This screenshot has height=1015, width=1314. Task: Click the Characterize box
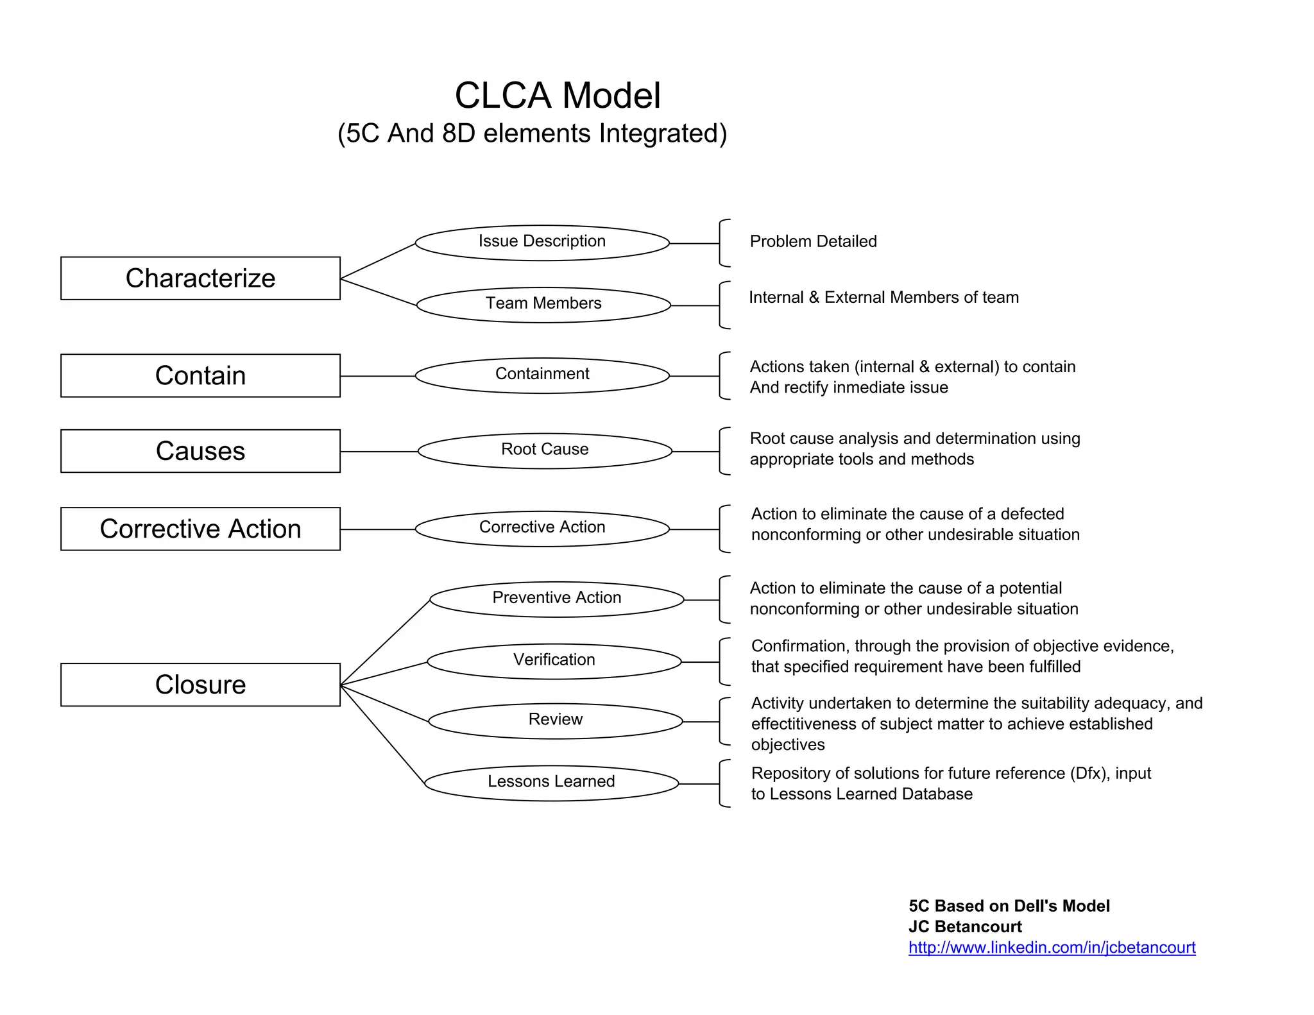click(x=200, y=278)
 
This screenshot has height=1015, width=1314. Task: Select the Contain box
click(x=200, y=375)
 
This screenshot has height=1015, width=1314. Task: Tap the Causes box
click(x=200, y=451)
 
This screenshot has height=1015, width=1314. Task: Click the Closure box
click(x=200, y=685)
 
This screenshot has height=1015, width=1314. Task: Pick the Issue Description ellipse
click(x=542, y=243)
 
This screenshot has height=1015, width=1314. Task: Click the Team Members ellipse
click(x=543, y=304)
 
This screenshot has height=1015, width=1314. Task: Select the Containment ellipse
click(x=542, y=375)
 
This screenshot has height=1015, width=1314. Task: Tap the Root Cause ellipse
click(x=545, y=450)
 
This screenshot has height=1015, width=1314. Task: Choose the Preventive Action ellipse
click(x=556, y=599)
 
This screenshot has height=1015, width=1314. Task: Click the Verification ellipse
click(x=554, y=661)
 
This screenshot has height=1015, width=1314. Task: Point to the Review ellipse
click(x=555, y=721)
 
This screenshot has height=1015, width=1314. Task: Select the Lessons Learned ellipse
click(x=551, y=782)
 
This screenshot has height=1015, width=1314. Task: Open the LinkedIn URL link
click(x=1052, y=948)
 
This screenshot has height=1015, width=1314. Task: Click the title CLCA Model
click(x=558, y=96)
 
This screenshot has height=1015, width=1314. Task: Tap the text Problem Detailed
click(x=813, y=242)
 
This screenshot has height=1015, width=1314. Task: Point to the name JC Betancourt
click(x=965, y=926)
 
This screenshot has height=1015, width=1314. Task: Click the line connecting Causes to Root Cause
click(x=379, y=452)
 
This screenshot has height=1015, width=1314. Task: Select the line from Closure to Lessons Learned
click(x=382, y=735)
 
